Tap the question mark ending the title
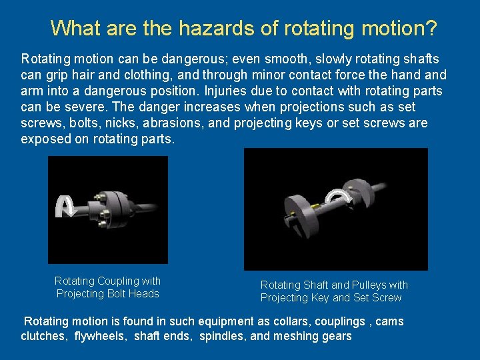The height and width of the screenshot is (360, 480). click(x=431, y=29)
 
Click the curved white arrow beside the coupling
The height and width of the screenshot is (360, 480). click(x=65, y=206)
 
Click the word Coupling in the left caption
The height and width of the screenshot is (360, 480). click(x=119, y=281)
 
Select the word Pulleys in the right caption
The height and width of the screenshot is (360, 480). click(x=369, y=285)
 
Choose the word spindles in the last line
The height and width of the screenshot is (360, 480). click(x=222, y=337)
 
